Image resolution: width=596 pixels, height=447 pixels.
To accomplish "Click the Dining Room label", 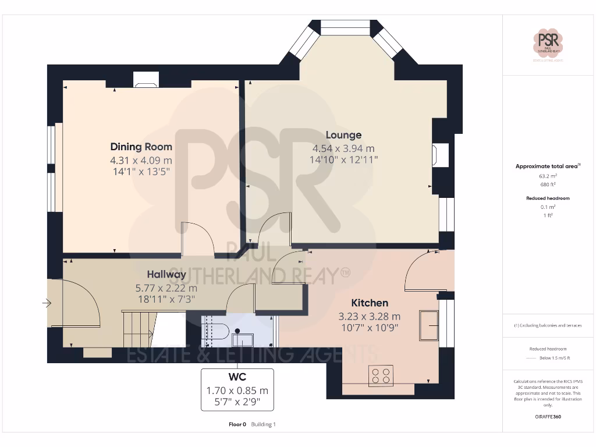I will click(x=141, y=147).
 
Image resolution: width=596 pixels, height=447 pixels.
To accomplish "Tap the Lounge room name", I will click(x=343, y=135).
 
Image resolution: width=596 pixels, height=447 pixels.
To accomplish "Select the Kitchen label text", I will click(x=370, y=303).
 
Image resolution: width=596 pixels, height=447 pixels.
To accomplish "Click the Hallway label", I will click(x=166, y=274).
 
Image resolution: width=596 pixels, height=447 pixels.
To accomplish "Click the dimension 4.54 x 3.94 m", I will click(x=343, y=148).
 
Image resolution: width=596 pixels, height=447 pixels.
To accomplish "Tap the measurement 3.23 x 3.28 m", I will click(x=370, y=317).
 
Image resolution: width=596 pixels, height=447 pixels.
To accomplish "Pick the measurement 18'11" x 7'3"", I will click(x=166, y=299).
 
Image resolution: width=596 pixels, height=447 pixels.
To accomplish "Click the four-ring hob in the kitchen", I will click(x=381, y=375).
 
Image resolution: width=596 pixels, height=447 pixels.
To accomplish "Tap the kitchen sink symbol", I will click(x=430, y=325).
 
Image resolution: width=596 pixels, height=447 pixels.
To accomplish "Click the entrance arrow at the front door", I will click(x=47, y=303).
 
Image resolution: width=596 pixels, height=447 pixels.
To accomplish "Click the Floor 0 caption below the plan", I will click(x=237, y=424).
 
